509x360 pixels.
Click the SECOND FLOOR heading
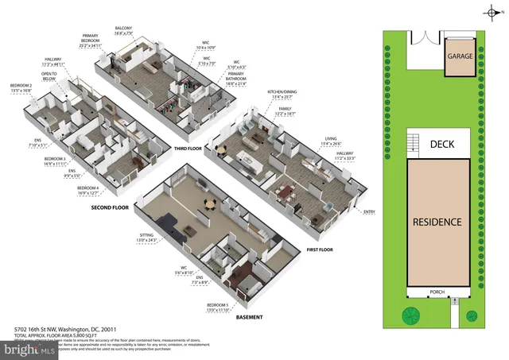click(110, 207)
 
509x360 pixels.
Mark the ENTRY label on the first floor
click(369, 211)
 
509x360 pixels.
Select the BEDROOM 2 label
click(21, 87)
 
